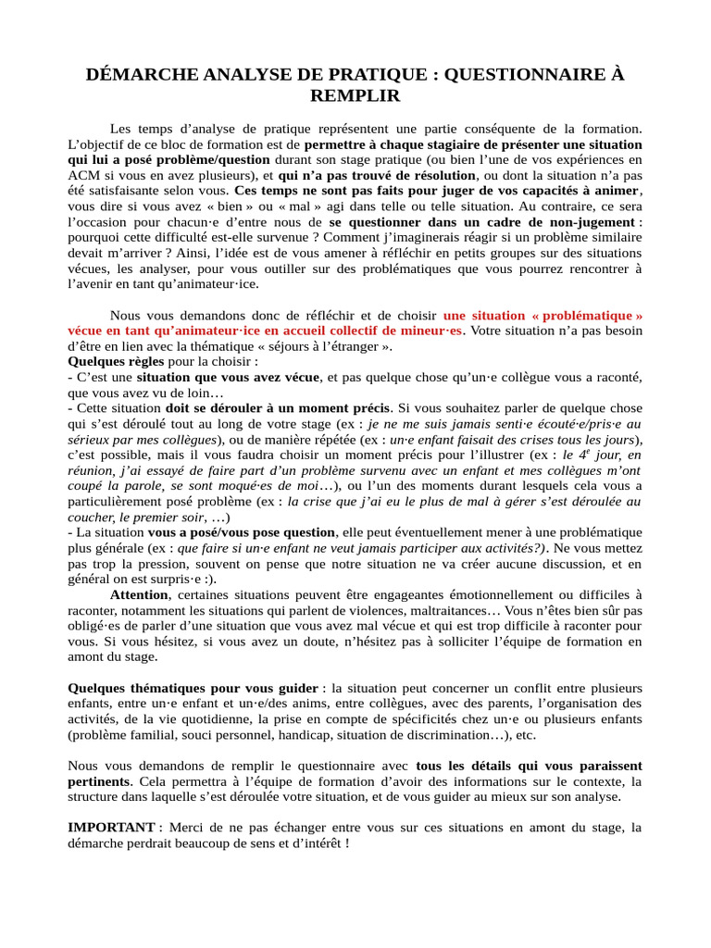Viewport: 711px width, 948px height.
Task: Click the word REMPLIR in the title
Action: pyautogui.click(x=355, y=95)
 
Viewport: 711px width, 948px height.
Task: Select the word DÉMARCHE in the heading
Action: pyautogui.click(x=137, y=75)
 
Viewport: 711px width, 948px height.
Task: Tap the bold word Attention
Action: pyautogui.click(x=139, y=594)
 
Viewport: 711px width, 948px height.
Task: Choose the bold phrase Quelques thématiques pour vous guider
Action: pyautogui.click(x=193, y=688)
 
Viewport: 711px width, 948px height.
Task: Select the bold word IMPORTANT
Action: pyautogui.click(x=111, y=827)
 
